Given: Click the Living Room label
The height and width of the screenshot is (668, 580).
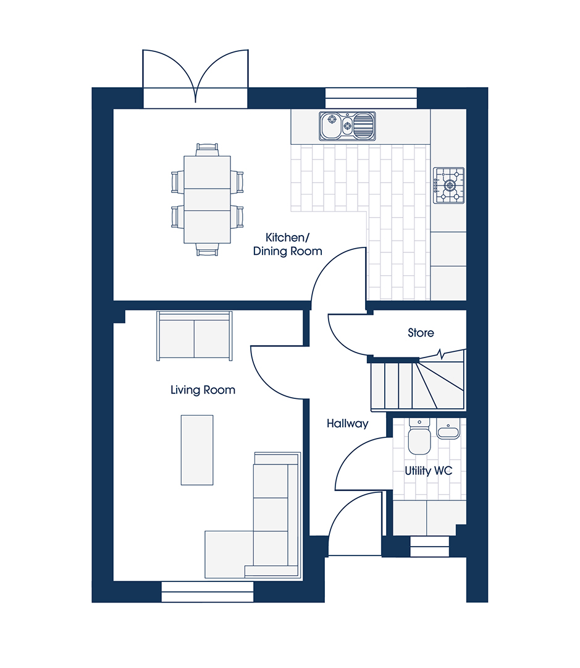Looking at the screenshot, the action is click(x=203, y=390).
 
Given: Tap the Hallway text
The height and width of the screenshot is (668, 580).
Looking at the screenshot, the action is click(x=347, y=424).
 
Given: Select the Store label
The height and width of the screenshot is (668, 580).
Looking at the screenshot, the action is click(x=421, y=333).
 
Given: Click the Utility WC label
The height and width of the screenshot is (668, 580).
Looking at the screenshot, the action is click(x=428, y=471).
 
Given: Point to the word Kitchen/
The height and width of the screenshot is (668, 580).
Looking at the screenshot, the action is click(x=287, y=238).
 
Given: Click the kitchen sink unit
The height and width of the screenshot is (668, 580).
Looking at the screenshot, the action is click(x=347, y=126).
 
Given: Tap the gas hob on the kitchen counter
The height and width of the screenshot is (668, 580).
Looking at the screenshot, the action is click(x=449, y=186).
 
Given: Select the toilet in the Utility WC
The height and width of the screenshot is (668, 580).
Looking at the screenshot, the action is click(x=419, y=436).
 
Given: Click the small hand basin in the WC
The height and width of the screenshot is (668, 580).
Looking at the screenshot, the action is click(x=448, y=429).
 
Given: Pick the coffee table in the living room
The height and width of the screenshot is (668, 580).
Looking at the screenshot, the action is click(x=197, y=450).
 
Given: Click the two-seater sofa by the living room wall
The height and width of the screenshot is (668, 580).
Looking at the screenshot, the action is click(x=195, y=336).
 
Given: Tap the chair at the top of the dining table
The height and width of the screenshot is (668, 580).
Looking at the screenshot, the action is click(x=208, y=150).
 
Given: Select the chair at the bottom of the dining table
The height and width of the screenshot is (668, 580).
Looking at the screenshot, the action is click(x=208, y=250).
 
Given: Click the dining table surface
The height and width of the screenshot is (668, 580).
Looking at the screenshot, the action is click(x=208, y=199).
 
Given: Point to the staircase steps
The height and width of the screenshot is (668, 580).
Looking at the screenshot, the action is click(x=418, y=385).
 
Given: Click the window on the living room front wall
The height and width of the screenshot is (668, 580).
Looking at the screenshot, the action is click(x=208, y=592).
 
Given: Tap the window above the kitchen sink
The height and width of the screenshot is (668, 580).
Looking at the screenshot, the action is click(x=371, y=98).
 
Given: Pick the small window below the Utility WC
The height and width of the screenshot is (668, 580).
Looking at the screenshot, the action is click(x=429, y=547).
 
